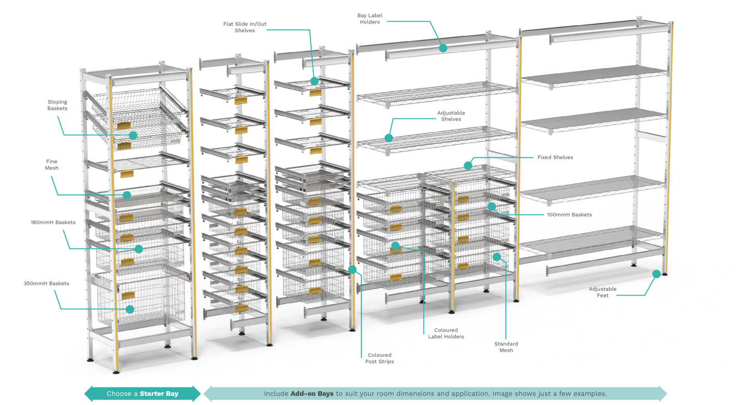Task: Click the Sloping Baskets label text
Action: [57, 105]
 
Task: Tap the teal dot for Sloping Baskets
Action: [133, 135]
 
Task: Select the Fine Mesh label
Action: [51, 165]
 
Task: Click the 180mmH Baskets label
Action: [53, 222]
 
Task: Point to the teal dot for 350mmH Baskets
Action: [130, 309]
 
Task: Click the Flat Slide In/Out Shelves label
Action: [244, 27]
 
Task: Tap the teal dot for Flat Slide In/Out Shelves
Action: [315, 81]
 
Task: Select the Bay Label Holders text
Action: [370, 19]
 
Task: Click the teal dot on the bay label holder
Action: [443, 48]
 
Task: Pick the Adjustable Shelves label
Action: [451, 116]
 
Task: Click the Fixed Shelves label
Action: [555, 157]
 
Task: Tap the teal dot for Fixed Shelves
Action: [468, 166]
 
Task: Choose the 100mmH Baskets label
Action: [569, 214]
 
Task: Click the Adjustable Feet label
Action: [602, 292]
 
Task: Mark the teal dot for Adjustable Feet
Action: [657, 274]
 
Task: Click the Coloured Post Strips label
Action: [379, 358]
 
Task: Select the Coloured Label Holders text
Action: [446, 333]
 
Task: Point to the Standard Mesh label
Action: [506, 347]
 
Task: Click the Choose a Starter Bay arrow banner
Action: [142, 394]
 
